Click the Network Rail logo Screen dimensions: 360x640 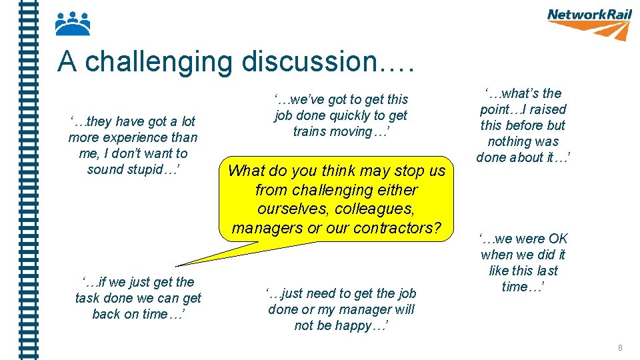coord(588,23)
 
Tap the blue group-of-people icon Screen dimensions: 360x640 coord(73,24)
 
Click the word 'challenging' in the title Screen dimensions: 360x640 coord(160,62)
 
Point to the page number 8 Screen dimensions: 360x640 coord(621,347)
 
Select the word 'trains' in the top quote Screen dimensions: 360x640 coord(311,131)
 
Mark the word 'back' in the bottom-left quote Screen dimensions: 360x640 coord(106,314)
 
